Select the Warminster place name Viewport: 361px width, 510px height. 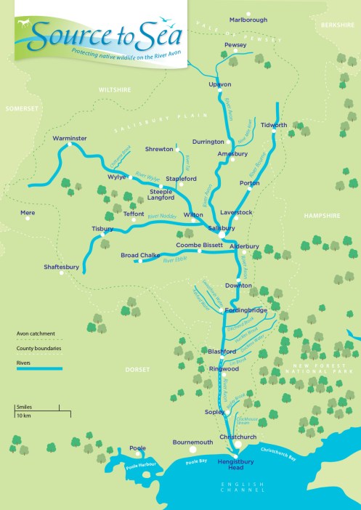coord(70,137)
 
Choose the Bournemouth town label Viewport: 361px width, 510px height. coord(192,442)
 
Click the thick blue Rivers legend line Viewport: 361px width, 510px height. coord(39,369)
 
